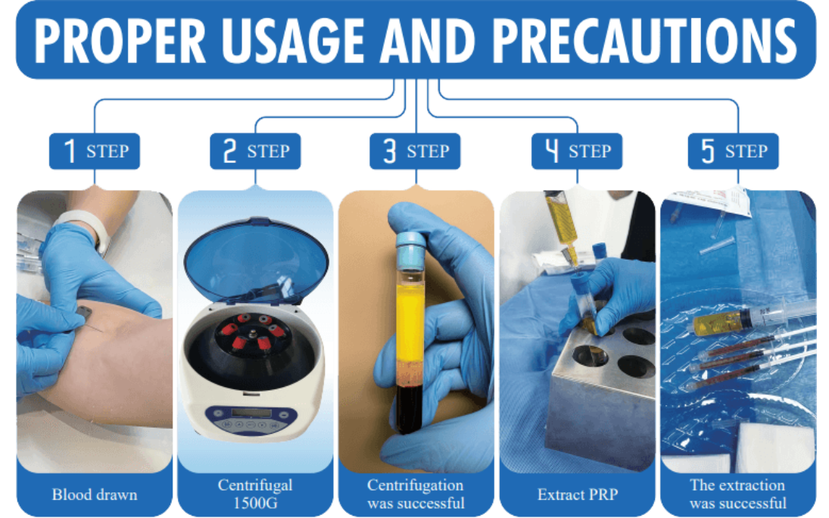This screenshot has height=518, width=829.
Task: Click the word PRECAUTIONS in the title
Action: tap(645, 41)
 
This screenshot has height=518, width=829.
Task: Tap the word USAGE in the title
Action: tap(293, 41)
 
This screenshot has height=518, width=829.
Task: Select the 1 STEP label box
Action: tap(95, 151)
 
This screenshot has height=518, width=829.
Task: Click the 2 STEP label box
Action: tap(255, 151)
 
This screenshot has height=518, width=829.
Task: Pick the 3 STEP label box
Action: tap(415, 151)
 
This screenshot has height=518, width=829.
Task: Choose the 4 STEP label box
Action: tap(577, 151)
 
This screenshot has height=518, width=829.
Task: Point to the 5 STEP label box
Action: tap(734, 151)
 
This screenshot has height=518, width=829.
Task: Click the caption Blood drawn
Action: tap(95, 495)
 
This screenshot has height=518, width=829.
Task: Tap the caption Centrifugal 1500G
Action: tap(255, 494)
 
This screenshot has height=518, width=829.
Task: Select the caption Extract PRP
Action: tap(578, 495)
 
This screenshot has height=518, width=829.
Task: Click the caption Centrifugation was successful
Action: tap(416, 494)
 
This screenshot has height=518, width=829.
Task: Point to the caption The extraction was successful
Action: tap(737, 494)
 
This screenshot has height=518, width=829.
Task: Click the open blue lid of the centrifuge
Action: tap(256, 259)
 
